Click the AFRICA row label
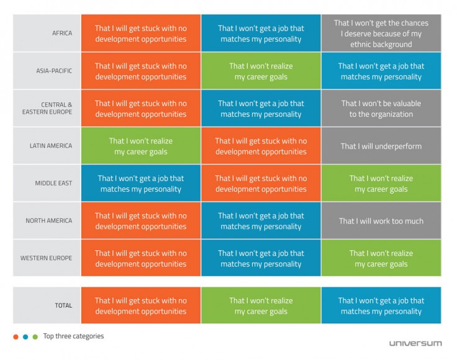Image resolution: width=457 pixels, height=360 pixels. point(62,34)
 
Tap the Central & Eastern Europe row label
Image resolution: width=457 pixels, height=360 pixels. point(57,108)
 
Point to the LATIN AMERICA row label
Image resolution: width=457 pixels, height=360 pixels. point(52,146)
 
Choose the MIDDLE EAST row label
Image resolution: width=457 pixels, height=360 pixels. point(53,183)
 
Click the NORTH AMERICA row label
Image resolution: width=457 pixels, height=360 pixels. point(49,220)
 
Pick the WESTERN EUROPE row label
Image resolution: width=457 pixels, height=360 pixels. point(47,258)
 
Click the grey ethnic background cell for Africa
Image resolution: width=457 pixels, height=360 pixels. point(381,34)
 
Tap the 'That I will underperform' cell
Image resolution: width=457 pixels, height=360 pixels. point(381,146)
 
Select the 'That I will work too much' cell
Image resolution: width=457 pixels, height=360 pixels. point(381,220)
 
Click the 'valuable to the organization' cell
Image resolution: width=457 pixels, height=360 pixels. point(381,108)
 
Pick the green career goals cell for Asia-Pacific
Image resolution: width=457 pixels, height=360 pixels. point(261,71)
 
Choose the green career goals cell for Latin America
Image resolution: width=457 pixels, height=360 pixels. point(140,146)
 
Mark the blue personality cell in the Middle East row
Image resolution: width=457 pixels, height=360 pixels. point(140,183)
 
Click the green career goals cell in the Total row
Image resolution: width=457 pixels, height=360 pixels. point(261,305)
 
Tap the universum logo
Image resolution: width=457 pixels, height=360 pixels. point(415,343)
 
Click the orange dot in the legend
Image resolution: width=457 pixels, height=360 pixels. point(16,337)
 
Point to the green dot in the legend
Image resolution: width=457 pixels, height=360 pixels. point(35,337)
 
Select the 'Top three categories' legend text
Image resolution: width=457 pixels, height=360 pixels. point(73,336)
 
